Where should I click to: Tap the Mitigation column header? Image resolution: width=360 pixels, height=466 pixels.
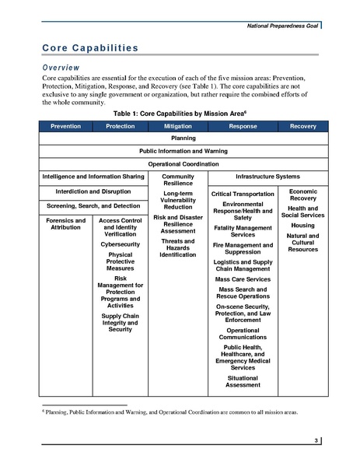point(178,125)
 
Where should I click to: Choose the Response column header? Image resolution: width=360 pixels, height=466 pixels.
point(243,125)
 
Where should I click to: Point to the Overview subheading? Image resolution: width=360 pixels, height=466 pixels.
point(66,68)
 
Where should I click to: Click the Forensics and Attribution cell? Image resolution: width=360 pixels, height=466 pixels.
point(65,224)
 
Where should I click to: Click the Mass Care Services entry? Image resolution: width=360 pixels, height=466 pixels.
point(243,278)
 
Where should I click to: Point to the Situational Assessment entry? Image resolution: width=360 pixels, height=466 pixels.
point(243,381)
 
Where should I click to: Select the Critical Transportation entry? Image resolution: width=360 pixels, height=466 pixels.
point(243,193)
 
